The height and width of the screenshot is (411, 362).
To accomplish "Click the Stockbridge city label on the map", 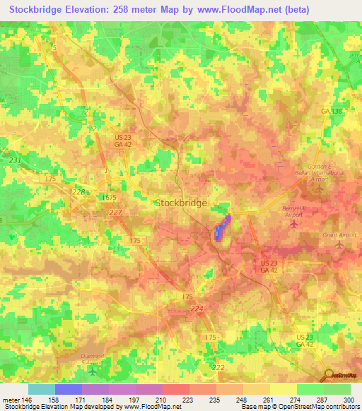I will point(181,203).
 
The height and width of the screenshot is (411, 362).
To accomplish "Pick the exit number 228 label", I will point(79,191).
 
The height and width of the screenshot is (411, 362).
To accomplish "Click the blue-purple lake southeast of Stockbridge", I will point(222,227).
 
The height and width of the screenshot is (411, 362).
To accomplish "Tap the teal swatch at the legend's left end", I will point(41,389).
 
